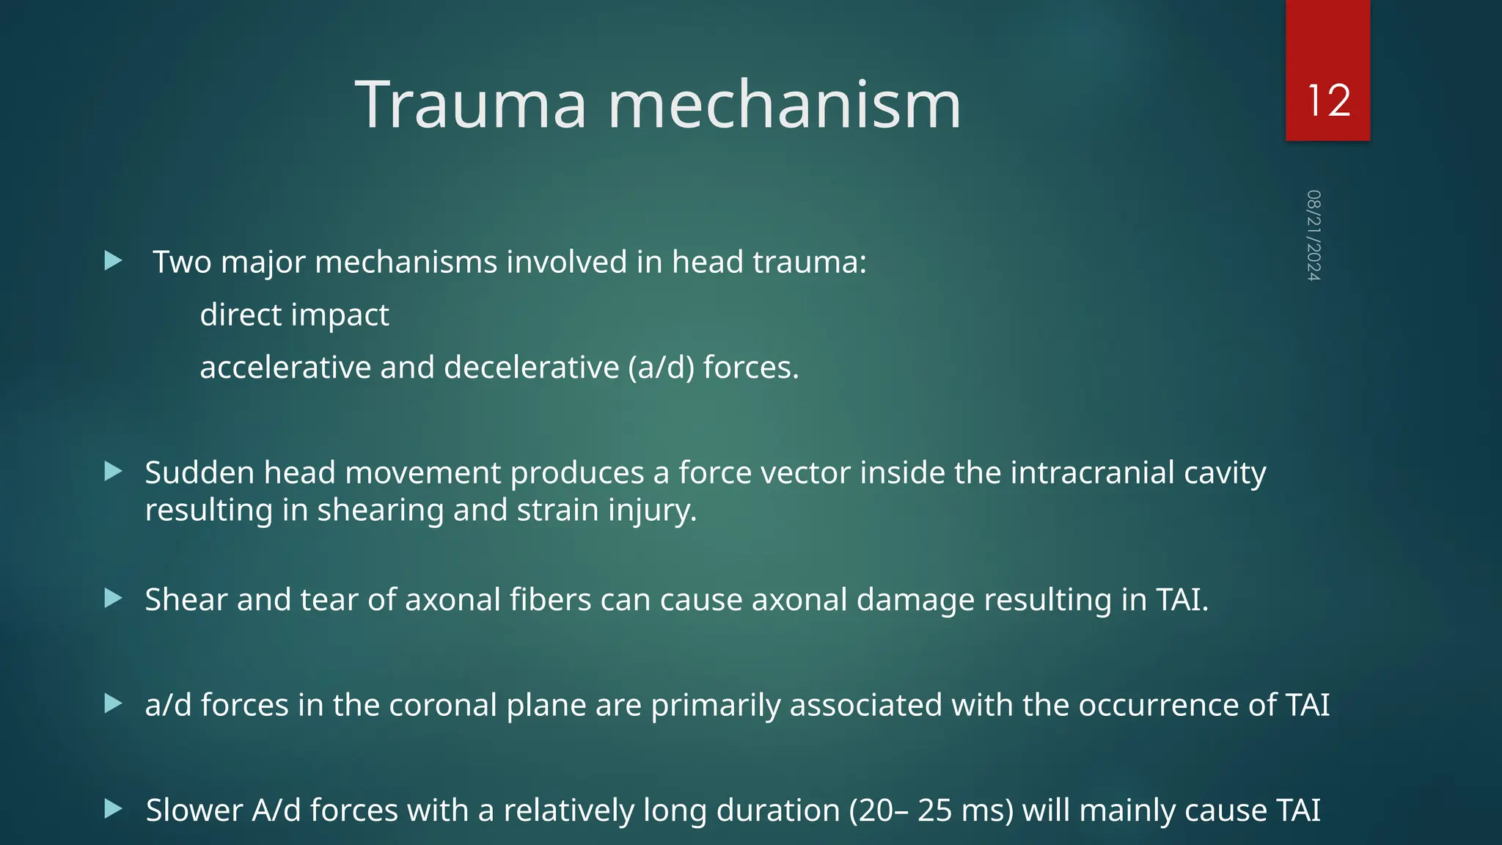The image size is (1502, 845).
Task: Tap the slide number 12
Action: tap(1328, 100)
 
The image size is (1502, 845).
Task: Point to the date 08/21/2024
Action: tap(1314, 235)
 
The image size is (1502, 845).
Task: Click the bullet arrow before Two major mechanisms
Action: tap(114, 260)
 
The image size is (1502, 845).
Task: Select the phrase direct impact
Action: tap(294, 315)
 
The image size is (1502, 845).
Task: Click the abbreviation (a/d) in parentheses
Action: tap(661, 367)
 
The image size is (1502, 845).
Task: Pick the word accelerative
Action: tap(285, 367)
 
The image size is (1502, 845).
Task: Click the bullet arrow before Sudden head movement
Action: tap(114, 472)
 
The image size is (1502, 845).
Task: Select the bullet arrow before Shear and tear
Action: tap(114, 599)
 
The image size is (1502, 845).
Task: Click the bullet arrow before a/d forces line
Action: tap(114, 704)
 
